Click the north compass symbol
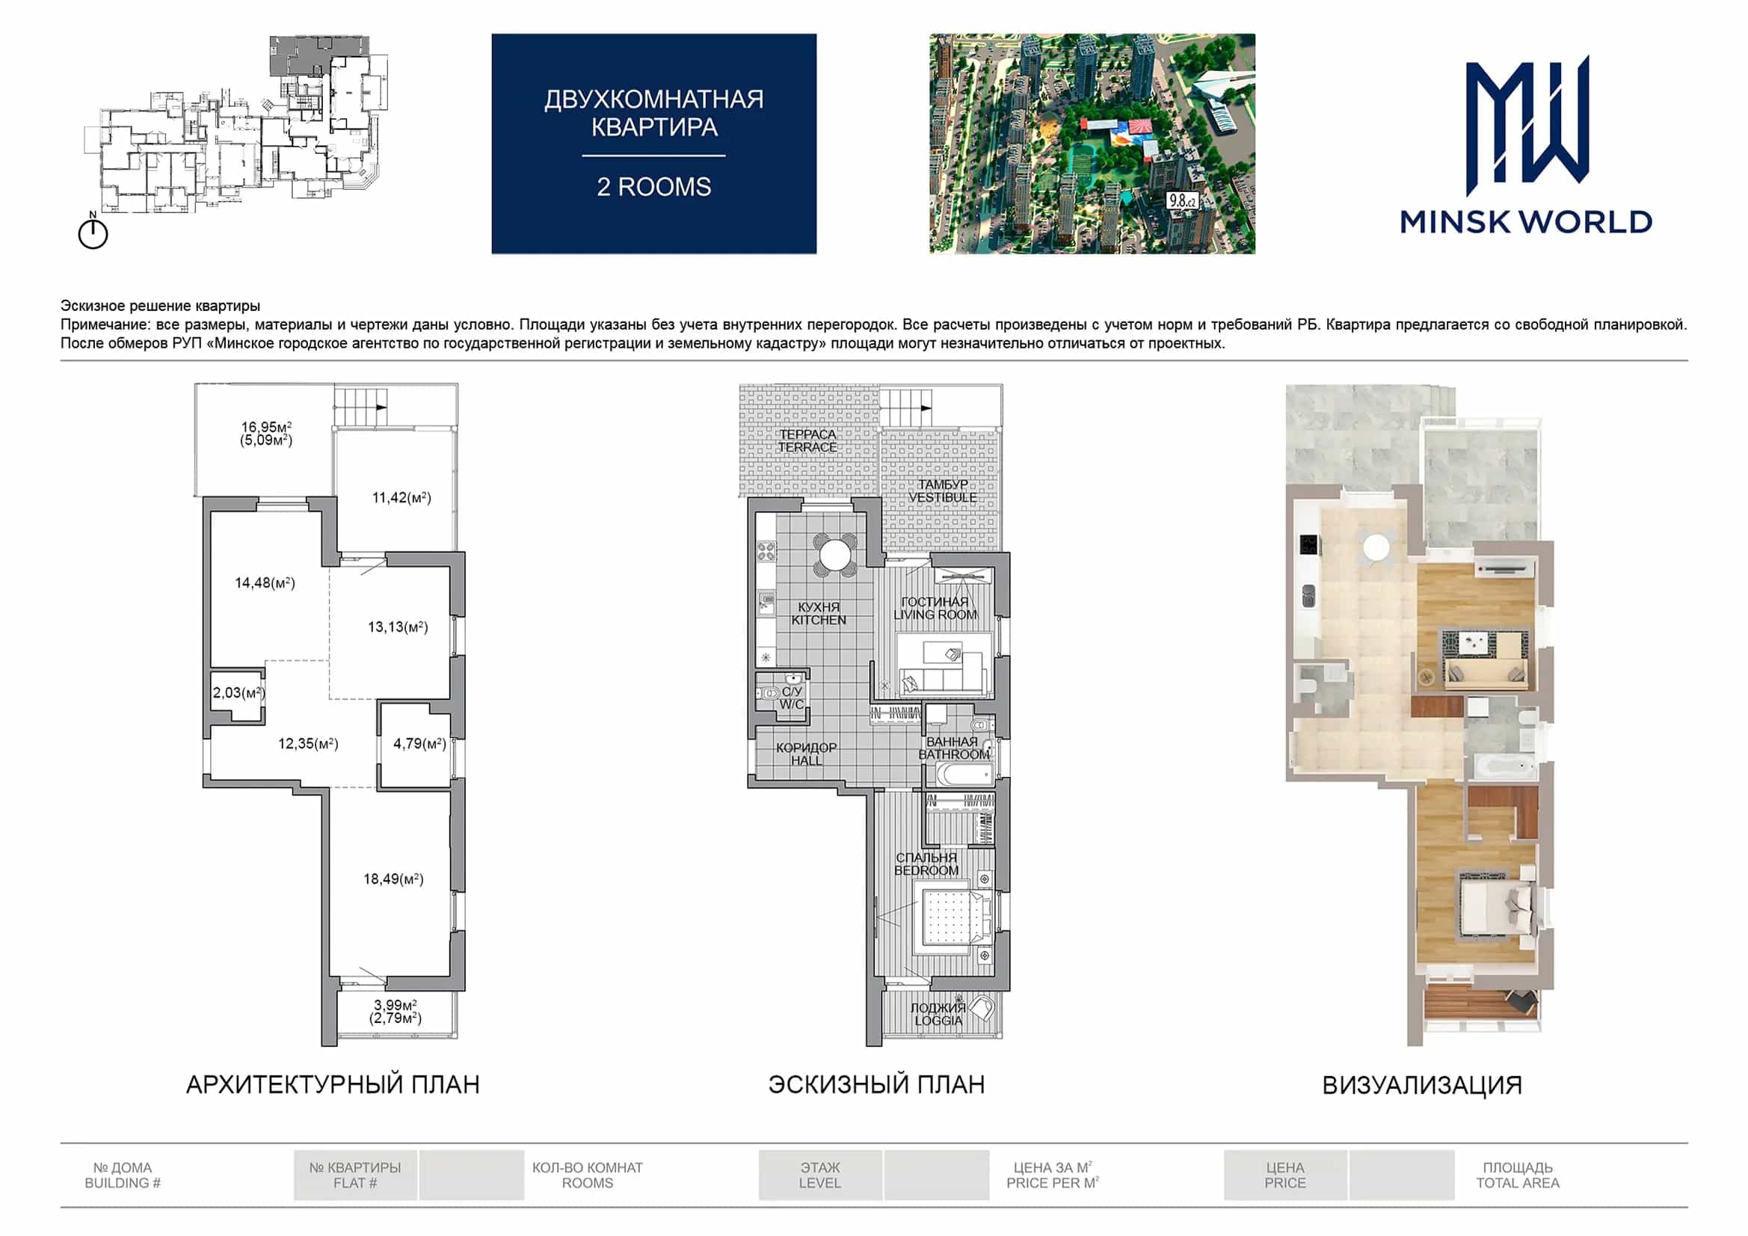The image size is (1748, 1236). click(x=93, y=232)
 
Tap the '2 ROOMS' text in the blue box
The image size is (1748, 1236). click(x=654, y=187)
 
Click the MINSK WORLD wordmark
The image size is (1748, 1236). click(x=1526, y=221)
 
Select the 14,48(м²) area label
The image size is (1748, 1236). click(x=265, y=582)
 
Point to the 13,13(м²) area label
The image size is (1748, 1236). click(x=398, y=627)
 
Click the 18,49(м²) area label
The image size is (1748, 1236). click(x=393, y=879)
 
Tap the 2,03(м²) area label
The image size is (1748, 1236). click(x=238, y=692)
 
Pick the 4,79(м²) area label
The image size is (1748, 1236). click(x=419, y=743)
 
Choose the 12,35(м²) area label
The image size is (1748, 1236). click(x=308, y=743)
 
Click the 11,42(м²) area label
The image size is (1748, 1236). click(x=402, y=497)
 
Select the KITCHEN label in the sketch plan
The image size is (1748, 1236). click(x=819, y=620)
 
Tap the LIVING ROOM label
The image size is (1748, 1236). click(x=935, y=615)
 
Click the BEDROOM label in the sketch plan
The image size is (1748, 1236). click(x=926, y=870)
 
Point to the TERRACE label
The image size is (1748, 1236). click(x=807, y=447)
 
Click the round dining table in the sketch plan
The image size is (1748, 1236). click(x=834, y=553)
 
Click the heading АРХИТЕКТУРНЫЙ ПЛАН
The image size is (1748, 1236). click(x=333, y=1084)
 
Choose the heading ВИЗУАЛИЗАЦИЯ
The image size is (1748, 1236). click(x=1422, y=1085)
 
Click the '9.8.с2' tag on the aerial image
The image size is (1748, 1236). click(x=1182, y=200)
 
